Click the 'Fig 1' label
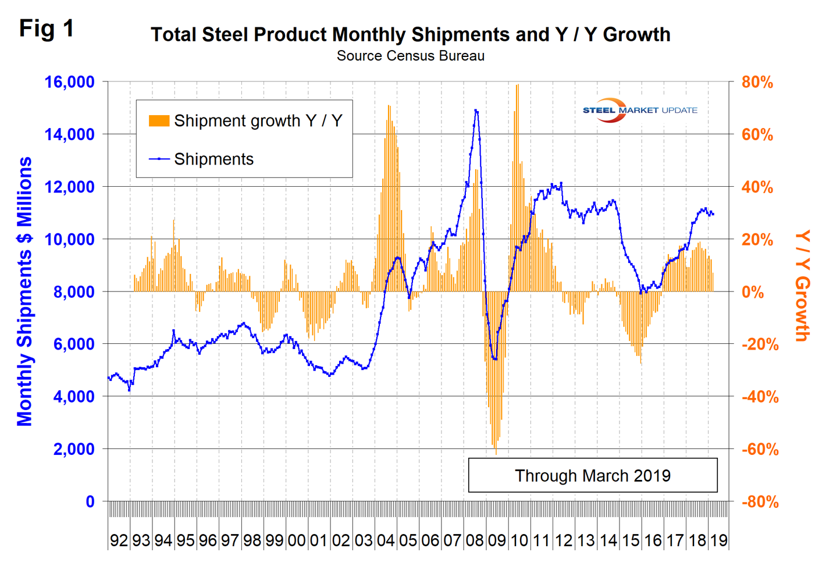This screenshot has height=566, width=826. pos(47,28)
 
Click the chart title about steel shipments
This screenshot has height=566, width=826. pos(410,34)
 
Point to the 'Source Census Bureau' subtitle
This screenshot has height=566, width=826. pos(410,56)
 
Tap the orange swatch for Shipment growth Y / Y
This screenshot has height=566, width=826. pos(159,121)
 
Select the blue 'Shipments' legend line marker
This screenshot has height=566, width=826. pos(159,159)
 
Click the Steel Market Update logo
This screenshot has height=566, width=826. pos(639,110)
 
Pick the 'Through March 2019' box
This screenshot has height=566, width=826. pos(592,475)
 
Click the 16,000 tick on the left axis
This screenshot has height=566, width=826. pos(69,82)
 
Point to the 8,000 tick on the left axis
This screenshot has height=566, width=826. pos(73,291)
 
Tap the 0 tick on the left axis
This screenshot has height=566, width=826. pos(90,501)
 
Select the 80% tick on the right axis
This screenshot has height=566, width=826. pos(757,83)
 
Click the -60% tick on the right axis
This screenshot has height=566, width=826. pos(759,449)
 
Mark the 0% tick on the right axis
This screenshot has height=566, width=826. pos(753,292)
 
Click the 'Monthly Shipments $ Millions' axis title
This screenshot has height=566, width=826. pos(24,291)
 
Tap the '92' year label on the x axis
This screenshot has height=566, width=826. pos(119,540)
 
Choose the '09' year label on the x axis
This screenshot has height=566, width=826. pos(497,540)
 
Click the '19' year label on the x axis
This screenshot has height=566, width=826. pos(719,540)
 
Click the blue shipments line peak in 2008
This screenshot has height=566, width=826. pos(476,110)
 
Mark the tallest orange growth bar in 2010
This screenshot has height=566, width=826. pos(517,86)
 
